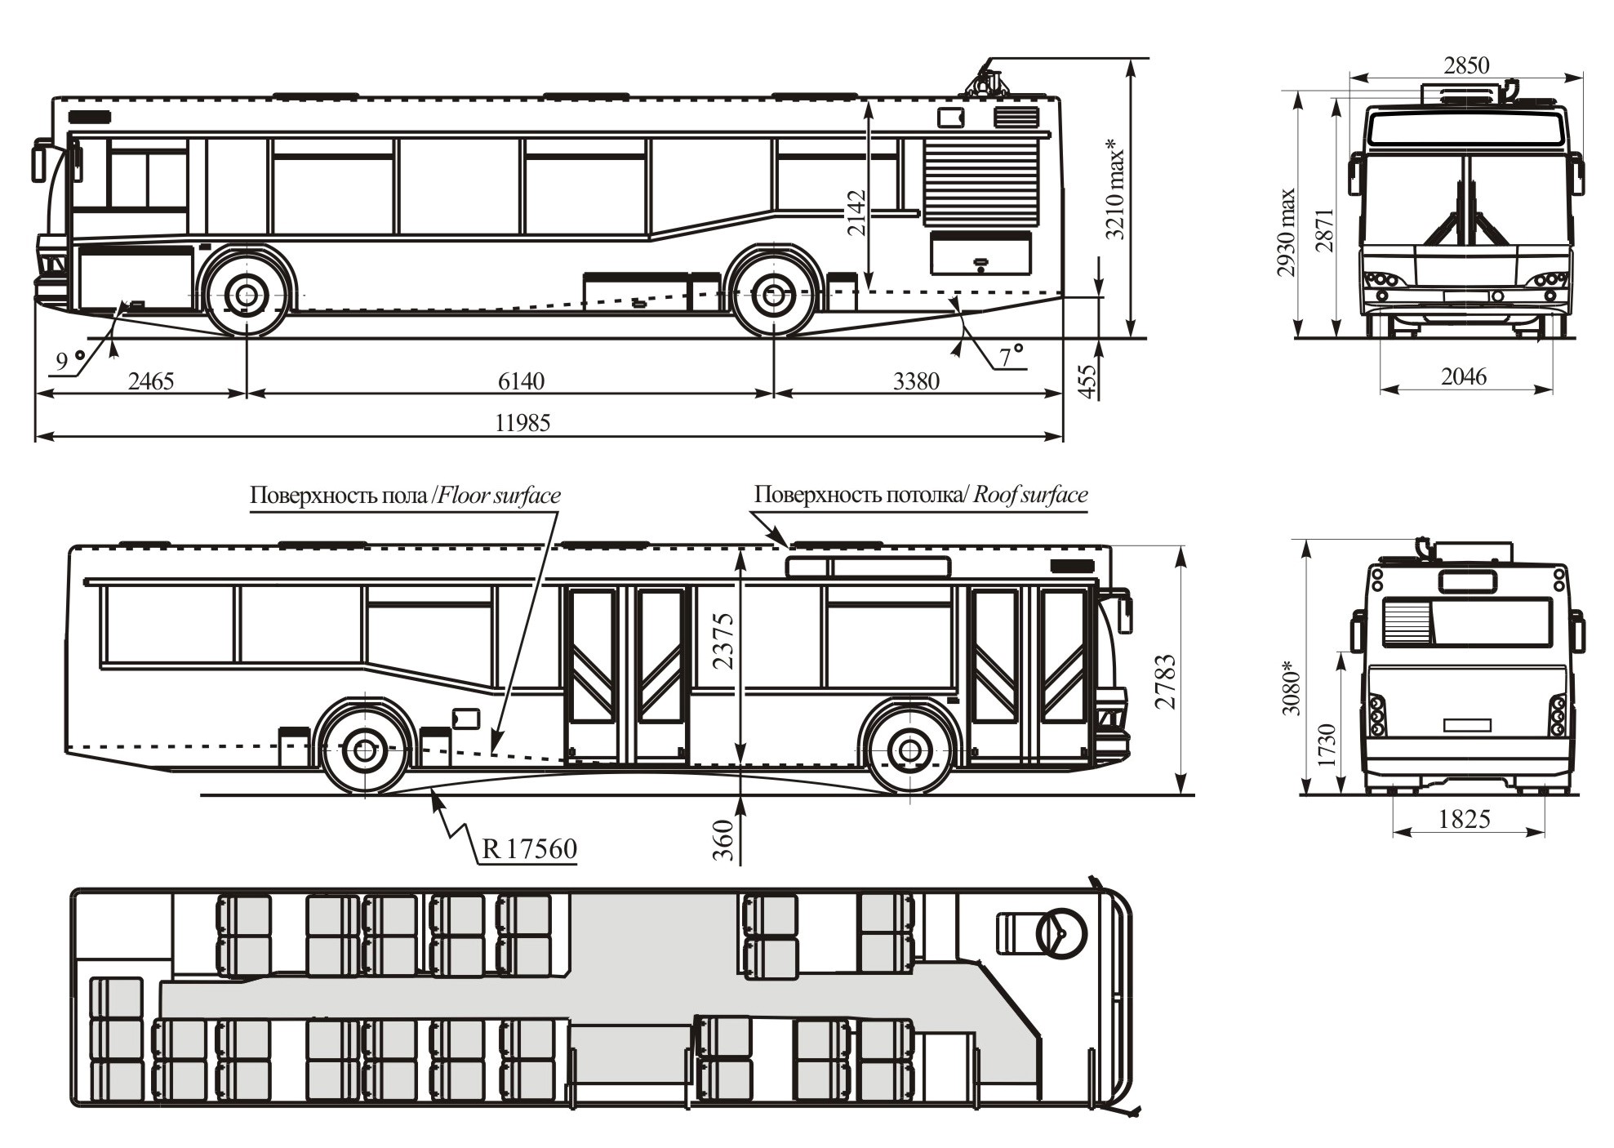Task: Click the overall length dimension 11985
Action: click(522, 423)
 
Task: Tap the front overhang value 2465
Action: click(151, 381)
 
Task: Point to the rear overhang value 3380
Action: click(916, 381)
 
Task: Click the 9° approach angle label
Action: click(70, 360)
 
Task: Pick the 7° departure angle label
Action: click(1012, 356)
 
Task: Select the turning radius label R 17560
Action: click(530, 849)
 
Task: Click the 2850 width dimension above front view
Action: click(1466, 65)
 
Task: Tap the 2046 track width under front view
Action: click(1464, 376)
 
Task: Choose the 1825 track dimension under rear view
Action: click(1465, 819)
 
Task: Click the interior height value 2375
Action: click(724, 641)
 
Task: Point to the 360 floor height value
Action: click(724, 842)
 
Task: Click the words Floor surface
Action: click(500, 496)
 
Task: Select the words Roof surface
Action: click(1030, 495)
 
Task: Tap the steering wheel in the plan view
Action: click(1062, 933)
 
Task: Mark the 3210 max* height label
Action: click(1115, 189)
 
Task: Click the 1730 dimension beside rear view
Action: click(1327, 745)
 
